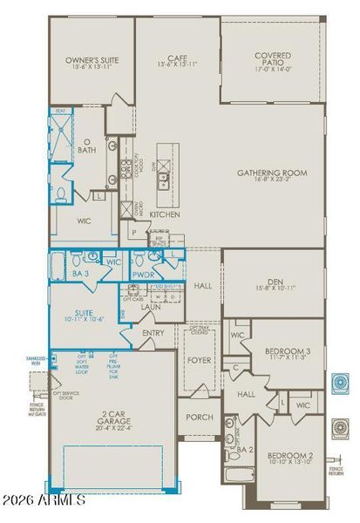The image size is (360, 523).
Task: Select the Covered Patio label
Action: click(273, 60)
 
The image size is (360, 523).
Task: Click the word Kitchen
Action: click(164, 214)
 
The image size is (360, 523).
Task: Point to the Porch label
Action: click(200, 418)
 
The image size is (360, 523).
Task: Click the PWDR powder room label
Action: click(142, 274)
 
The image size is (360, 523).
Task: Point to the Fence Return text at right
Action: click(336, 470)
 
